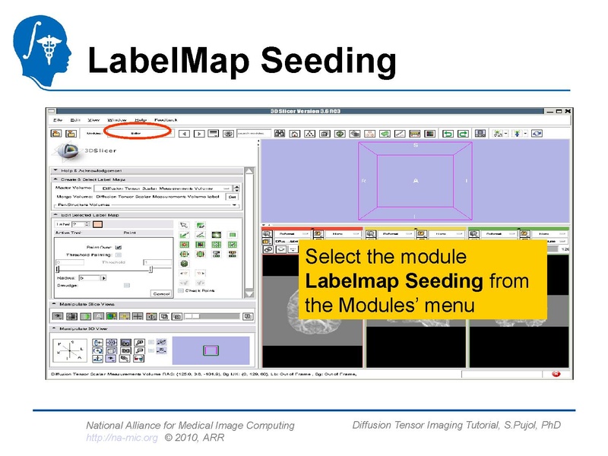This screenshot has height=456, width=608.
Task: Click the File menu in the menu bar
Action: [57, 120]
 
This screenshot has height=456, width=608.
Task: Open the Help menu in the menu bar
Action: [141, 120]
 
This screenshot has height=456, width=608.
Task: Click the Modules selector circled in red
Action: [136, 133]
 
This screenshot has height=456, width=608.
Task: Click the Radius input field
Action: [88, 278]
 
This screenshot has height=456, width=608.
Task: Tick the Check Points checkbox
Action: [180, 290]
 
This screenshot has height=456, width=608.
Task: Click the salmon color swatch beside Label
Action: [97, 223]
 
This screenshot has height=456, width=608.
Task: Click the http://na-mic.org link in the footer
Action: [122, 438]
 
